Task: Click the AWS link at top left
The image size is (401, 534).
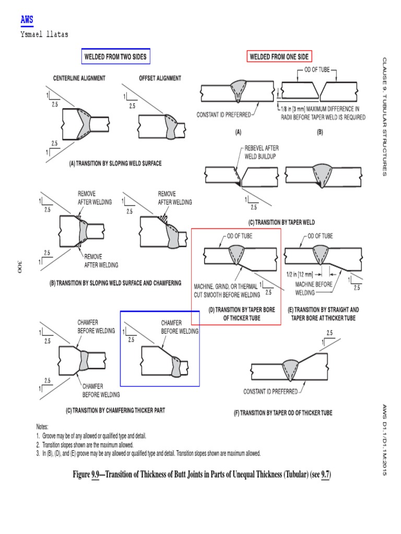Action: point(27,20)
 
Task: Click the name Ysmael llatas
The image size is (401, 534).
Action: point(44,34)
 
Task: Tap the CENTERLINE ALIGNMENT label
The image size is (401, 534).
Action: point(79,78)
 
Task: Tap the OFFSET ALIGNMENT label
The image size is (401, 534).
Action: point(160,78)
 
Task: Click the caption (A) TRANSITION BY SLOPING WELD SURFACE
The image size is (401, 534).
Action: point(115,163)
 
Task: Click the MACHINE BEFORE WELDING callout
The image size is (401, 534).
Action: point(311,288)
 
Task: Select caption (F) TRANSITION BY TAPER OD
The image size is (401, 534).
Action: point(282,412)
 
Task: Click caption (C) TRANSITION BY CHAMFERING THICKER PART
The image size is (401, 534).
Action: point(115,410)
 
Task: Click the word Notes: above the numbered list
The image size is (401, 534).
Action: point(42,427)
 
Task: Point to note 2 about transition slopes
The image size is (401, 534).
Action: point(85,445)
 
